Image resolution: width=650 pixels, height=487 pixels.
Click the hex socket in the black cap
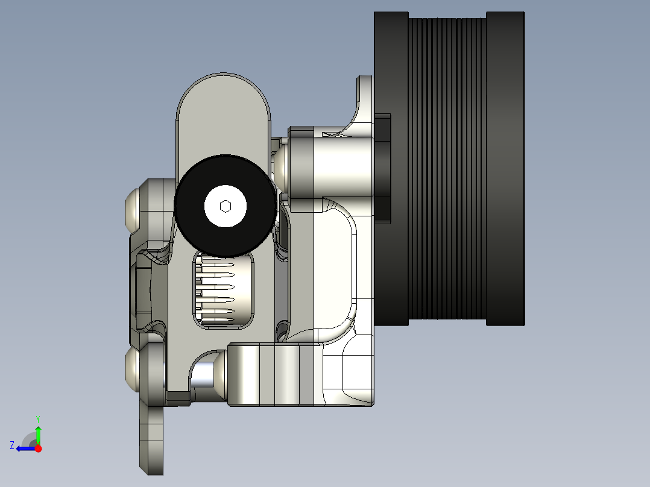click(225, 206)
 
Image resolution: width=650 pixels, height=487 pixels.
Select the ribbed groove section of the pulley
click(448, 169)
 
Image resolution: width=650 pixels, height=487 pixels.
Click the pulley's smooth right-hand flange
click(505, 169)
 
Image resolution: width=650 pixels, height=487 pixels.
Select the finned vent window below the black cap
click(223, 289)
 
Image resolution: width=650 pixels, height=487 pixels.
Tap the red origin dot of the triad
click(38, 448)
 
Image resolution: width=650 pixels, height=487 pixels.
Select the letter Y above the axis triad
click(38, 418)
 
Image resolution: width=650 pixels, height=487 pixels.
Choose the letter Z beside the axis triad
click(12, 445)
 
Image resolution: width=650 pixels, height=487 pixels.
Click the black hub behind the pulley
click(383, 169)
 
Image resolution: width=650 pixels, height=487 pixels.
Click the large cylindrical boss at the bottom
click(271, 374)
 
